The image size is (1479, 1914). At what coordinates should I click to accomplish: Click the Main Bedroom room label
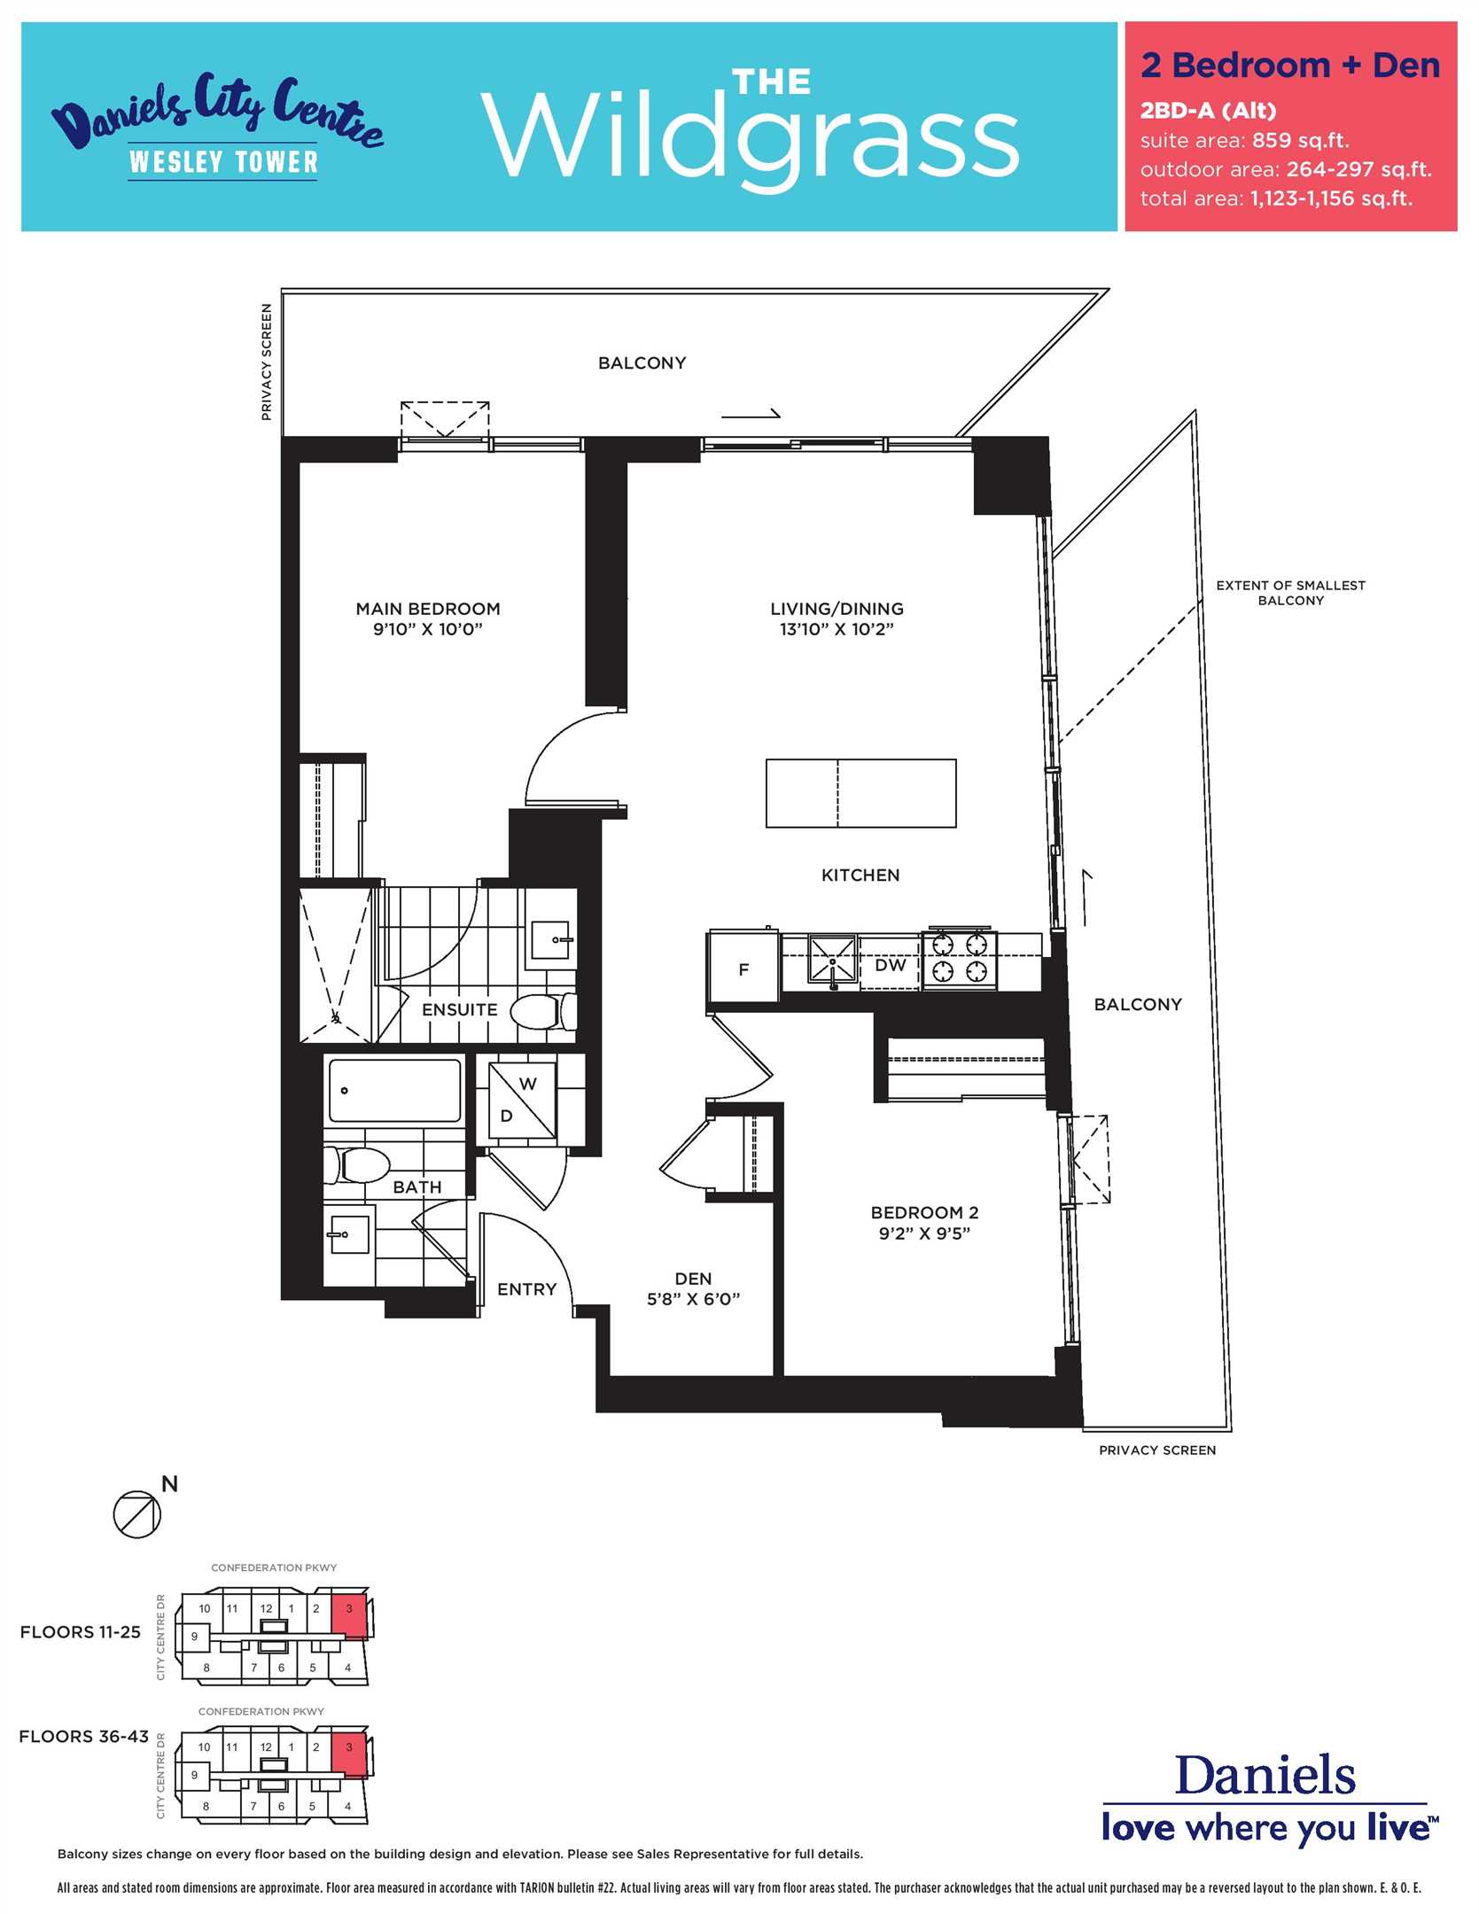click(x=428, y=609)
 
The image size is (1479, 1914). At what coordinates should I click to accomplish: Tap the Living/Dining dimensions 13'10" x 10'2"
click(x=837, y=630)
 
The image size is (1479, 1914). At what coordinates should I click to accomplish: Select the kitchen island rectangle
click(x=860, y=793)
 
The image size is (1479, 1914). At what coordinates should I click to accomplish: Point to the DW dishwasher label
click(x=890, y=965)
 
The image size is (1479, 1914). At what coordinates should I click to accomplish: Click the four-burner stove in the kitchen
click(x=960, y=959)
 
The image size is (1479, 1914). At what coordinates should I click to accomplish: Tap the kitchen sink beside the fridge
click(x=832, y=960)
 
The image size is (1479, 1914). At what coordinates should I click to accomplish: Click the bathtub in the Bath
click(x=395, y=1090)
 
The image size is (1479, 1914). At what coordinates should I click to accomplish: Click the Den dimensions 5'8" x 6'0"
click(x=693, y=1299)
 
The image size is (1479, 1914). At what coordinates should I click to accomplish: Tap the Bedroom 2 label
click(x=924, y=1212)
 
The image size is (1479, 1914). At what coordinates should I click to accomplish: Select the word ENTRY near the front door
click(x=526, y=1289)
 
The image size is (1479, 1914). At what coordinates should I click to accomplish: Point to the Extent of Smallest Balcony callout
click(x=1290, y=593)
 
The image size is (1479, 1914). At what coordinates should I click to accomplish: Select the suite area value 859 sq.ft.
click(x=1301, y=140)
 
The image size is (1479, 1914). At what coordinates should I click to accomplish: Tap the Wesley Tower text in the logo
click(x=223, y=162)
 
